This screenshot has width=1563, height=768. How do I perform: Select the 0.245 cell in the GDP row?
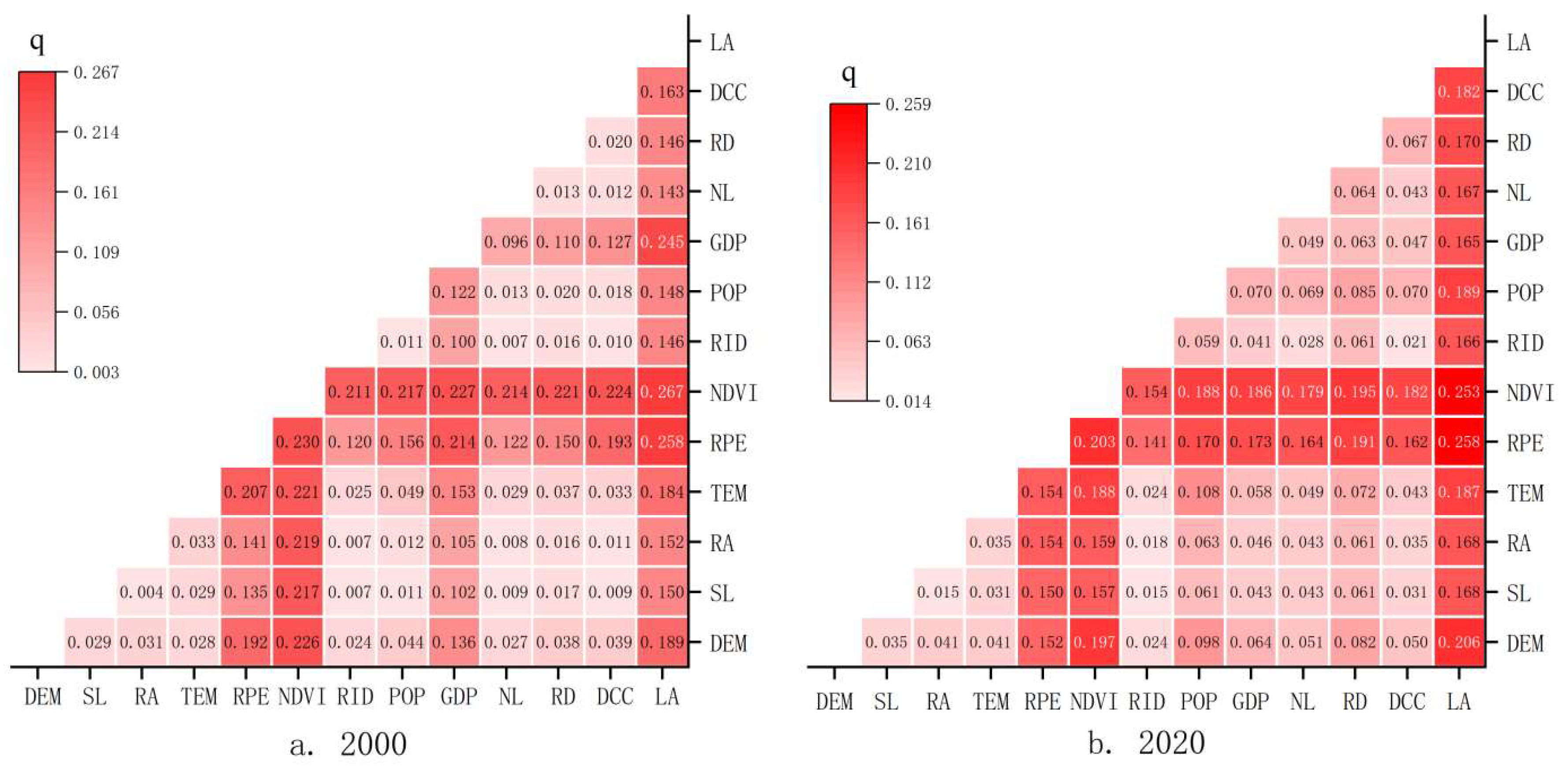(662, 242)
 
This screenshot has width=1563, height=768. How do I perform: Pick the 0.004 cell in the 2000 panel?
(141, 592)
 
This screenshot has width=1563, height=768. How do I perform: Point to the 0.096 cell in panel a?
(506, 242)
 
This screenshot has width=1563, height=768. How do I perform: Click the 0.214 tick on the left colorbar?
(96, 132)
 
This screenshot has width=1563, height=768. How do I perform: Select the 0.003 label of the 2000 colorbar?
(96, 372)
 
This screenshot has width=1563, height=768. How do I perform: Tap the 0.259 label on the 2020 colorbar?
(907, 104)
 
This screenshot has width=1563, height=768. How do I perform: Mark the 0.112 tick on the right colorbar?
(907, 283)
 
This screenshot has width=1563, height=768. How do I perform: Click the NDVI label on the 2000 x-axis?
(302, 697)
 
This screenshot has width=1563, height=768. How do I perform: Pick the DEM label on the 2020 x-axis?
(834, 702)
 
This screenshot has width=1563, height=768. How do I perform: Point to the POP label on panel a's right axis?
(728, 293)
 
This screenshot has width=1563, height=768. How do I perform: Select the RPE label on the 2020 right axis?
(1525, 443)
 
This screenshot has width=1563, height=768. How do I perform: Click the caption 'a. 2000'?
(348, 744)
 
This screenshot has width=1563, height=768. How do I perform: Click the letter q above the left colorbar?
(37, 42)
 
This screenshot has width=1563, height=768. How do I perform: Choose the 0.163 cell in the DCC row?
(662, 92)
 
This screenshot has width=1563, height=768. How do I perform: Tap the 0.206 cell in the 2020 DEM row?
(1459, 642)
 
